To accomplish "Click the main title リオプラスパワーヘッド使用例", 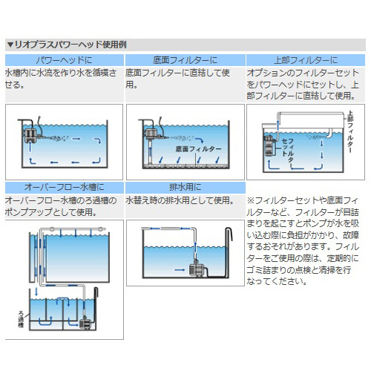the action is (70, 45).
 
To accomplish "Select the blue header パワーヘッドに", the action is (65, 60).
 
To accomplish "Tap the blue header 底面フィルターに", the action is (185, 60).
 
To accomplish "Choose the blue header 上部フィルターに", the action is (306, 60).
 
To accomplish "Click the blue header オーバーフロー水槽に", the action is (65, 187).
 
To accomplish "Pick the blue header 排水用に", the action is (185, 187).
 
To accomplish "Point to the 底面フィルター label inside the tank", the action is (198, 149).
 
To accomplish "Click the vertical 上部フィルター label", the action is (350, 132).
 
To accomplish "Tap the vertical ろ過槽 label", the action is (22, 319).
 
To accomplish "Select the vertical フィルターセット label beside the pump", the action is (288, 151).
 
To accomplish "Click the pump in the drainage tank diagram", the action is (197, 269).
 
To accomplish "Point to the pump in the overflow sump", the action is (85, 323).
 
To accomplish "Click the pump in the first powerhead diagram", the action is (31, 134).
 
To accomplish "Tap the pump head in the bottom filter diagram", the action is (151, 134).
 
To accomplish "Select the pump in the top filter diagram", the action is (269, 146).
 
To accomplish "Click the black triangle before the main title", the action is (10, 45).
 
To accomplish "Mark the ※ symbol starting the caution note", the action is (251, 200).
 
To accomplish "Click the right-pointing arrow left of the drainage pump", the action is (180, 270).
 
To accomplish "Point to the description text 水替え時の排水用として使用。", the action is (180, 200).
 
